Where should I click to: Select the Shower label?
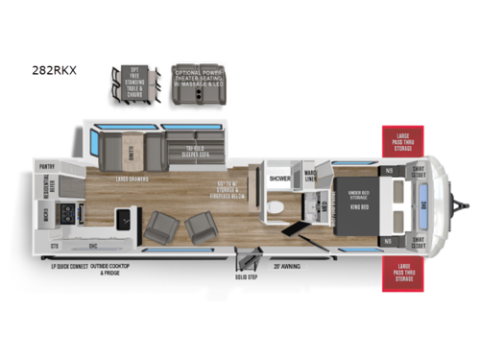(x=280, y=179)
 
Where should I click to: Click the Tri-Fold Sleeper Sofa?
(x=192, y=147)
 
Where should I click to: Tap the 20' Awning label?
(x=284, y=266)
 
